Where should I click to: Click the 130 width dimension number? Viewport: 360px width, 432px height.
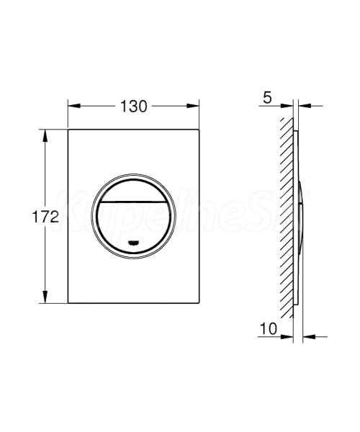[134, 107]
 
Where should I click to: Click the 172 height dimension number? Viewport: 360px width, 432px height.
[45, 217]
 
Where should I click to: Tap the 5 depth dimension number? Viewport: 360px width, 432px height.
[267, 97]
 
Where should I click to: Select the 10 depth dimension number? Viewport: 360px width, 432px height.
[269, 328]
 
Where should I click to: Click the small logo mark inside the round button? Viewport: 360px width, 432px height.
[133, 243]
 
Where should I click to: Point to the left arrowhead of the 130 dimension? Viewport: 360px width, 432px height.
[74, 106]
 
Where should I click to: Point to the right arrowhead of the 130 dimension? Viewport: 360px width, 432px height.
[192, 106]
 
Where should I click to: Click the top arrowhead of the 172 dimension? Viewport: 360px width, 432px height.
[45, 135]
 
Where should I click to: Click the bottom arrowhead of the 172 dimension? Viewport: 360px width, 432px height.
[45, 297]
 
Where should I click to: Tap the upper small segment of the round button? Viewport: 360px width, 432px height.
[134, 190]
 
